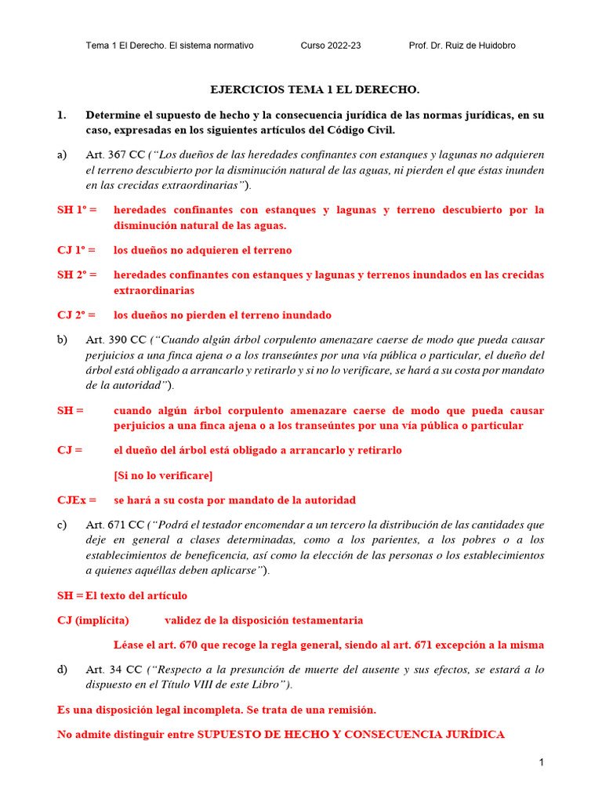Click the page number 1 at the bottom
coord(541,762)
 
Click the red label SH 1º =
coord(77,210)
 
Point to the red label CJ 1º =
coord(76,250)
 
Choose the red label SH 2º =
coord(77,275)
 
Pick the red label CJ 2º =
coord(76,315)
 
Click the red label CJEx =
coord(77,500)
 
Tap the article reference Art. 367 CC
coord(115,154)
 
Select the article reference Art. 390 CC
coord(115,340)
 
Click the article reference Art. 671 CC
coord(114,525)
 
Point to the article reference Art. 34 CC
coord(112,670)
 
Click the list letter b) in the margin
coord(63,340)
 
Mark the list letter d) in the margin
coord(63,670)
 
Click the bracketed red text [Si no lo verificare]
coord(163,475)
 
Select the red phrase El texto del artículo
coord(136,596)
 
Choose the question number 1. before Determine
coord(62,115)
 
